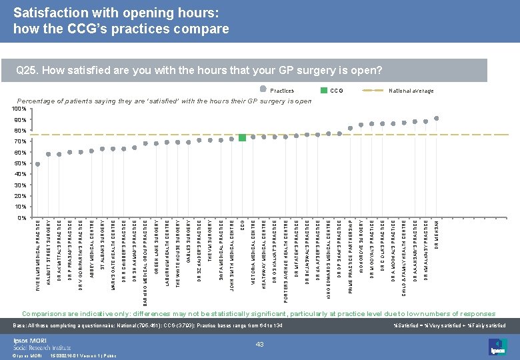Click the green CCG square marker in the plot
click(x=242, y=137)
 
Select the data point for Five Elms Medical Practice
click(x=37, y=164)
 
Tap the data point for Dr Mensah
click(x=437, y=118)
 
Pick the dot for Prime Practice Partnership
click(x=351, y=128)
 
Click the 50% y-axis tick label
click(x=20, y=163)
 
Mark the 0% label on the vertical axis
click(x=22, y=218)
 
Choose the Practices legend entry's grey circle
click(x=263, y=90)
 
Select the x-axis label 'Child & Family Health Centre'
click(x=404, y=254)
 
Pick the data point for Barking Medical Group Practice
click(x=145, y=143)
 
